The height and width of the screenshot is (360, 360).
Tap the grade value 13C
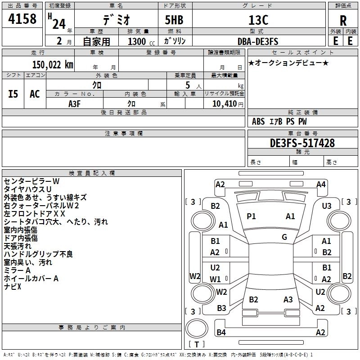[258, 20]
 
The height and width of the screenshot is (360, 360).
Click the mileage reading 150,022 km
[52, 65]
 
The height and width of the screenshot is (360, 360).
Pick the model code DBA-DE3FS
[258, 41]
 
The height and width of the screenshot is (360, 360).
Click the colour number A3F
[75, 103]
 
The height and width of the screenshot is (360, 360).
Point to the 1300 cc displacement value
[137, 41]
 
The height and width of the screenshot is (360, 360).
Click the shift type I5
[13, 94]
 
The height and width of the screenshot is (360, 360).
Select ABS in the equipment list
[258, 121]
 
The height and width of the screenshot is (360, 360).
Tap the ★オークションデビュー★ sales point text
[288, 63]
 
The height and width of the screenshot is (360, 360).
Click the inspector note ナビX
[13, 287]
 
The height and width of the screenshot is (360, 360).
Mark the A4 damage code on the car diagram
[321, 184]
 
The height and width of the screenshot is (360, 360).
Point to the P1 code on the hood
[251, 216]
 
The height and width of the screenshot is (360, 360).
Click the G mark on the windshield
[284, 237]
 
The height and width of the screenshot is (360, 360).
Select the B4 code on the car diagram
[221, 333]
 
